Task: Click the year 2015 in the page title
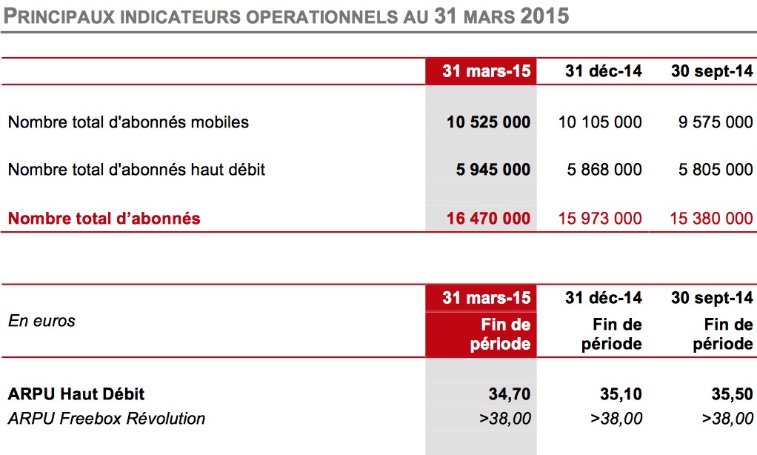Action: pos(545,16)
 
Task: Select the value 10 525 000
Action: pos(489,122)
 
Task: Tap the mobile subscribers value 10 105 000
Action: pos(600,122)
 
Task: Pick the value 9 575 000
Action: pos(716,122)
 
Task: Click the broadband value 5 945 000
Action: pos(493,170)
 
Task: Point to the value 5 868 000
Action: pos(604,170)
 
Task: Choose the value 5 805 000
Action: pos(716,170)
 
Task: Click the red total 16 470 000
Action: pos(489,219)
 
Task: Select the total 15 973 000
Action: pos(600,219)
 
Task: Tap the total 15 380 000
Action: pos(711,219)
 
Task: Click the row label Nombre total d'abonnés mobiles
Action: pos(128,122)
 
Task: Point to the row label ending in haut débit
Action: pos(136,170)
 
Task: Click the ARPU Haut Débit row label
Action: pos(76,394)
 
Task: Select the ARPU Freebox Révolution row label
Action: pos(107,418)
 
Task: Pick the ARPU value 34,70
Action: pos(510,394)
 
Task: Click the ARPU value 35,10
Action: pos(621,394)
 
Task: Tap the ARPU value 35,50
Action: pos(732,394)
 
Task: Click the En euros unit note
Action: pos(42,321)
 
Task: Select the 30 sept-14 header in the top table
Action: pos(712,71)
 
